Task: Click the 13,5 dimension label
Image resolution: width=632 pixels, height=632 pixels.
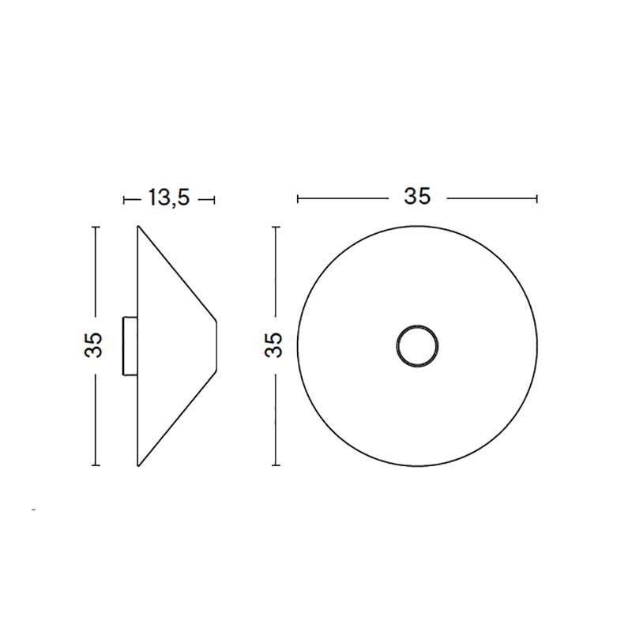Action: [168, 198]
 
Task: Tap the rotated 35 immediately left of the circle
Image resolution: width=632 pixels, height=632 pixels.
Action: [273, 345]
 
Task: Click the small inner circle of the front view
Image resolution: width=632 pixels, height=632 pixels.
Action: [416, 345]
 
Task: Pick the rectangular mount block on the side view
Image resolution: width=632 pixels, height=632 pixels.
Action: [129, 345]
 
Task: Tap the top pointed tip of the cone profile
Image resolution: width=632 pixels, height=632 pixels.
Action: [139, 228]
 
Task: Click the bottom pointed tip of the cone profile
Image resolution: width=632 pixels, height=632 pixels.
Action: [139, 465]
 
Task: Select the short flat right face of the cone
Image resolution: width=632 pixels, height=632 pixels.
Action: [216, 345]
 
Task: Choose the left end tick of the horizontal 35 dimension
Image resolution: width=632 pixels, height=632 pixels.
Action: [297, 198]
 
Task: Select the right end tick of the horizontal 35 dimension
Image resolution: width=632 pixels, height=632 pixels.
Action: [537, 198]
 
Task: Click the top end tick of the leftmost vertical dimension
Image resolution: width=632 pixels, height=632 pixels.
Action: [95, 228]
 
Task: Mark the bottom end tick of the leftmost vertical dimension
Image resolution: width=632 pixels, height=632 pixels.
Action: [95, 465]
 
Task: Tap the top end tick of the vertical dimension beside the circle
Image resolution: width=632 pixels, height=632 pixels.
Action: [275, 228]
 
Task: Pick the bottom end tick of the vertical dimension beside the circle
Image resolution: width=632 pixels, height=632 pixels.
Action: [275, 465]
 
